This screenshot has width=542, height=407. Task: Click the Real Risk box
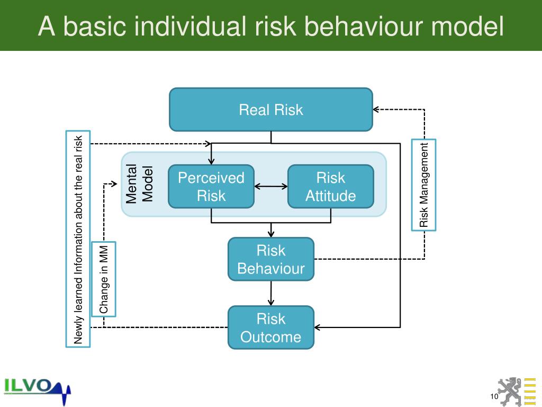[x=270, y=110]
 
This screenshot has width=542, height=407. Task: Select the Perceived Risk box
[x=211, y=187]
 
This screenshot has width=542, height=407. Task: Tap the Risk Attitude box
[x=330, y=187]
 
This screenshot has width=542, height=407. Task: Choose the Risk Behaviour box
[x=270, y=259]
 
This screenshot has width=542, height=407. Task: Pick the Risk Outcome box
[x=270, y=328]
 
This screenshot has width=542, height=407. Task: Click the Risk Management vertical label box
[x=423, y=184]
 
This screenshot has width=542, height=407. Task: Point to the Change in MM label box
[x=103, y=279]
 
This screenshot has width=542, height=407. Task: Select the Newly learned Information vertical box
[x=78, y=238]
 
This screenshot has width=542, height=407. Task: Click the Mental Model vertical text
[x=139, y=184]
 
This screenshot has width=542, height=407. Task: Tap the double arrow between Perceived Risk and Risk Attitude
[x=270, y=186]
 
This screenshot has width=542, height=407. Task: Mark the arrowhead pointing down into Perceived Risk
[x=211, y=161]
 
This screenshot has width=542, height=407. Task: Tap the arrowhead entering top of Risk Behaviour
[x=271, y=234]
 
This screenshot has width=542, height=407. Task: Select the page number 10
[x=494, y=397]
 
